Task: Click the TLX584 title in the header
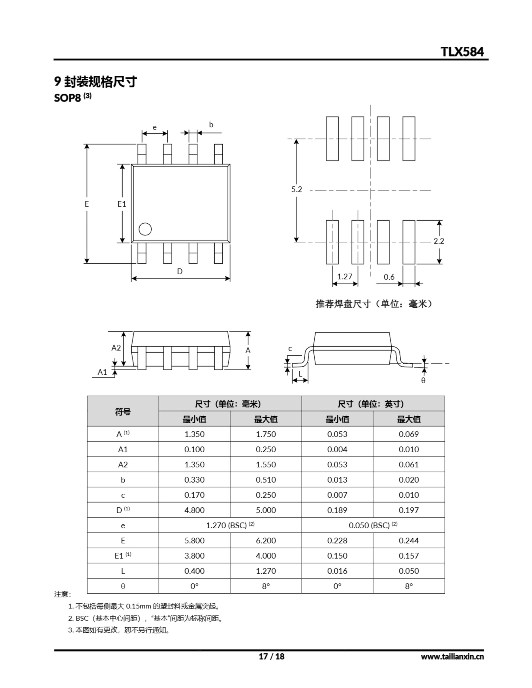[462, 52]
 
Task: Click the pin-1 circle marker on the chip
[145, 229]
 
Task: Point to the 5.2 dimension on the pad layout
[296, 189]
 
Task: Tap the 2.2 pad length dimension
[439, 241]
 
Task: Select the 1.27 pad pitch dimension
[345, 277]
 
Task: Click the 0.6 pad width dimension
[389, 277]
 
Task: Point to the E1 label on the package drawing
[122, 204]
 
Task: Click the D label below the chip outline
[180, 271]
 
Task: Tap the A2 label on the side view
[116, 347]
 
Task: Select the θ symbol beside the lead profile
[423, 381]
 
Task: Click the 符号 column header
[123, 411]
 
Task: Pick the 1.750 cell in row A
[266, 434]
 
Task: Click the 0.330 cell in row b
[194, 480]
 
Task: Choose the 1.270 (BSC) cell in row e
[230, 525]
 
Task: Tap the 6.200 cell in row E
[266, 540]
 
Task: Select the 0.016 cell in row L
[337, 571]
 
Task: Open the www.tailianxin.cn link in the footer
[452, 657]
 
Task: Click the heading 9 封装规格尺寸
[95, 82]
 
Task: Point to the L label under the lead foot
[300, 374]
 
